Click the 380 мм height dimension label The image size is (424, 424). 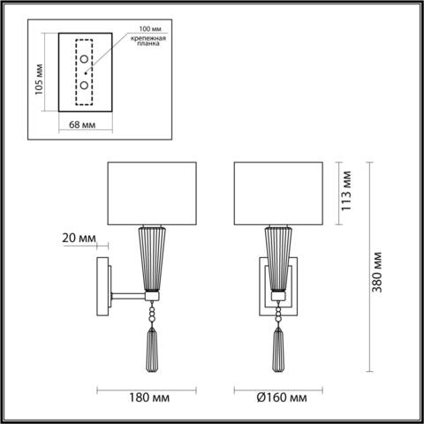[377, 264]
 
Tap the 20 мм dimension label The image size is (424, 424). [79, 238]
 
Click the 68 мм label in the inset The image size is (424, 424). [84, 125]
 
